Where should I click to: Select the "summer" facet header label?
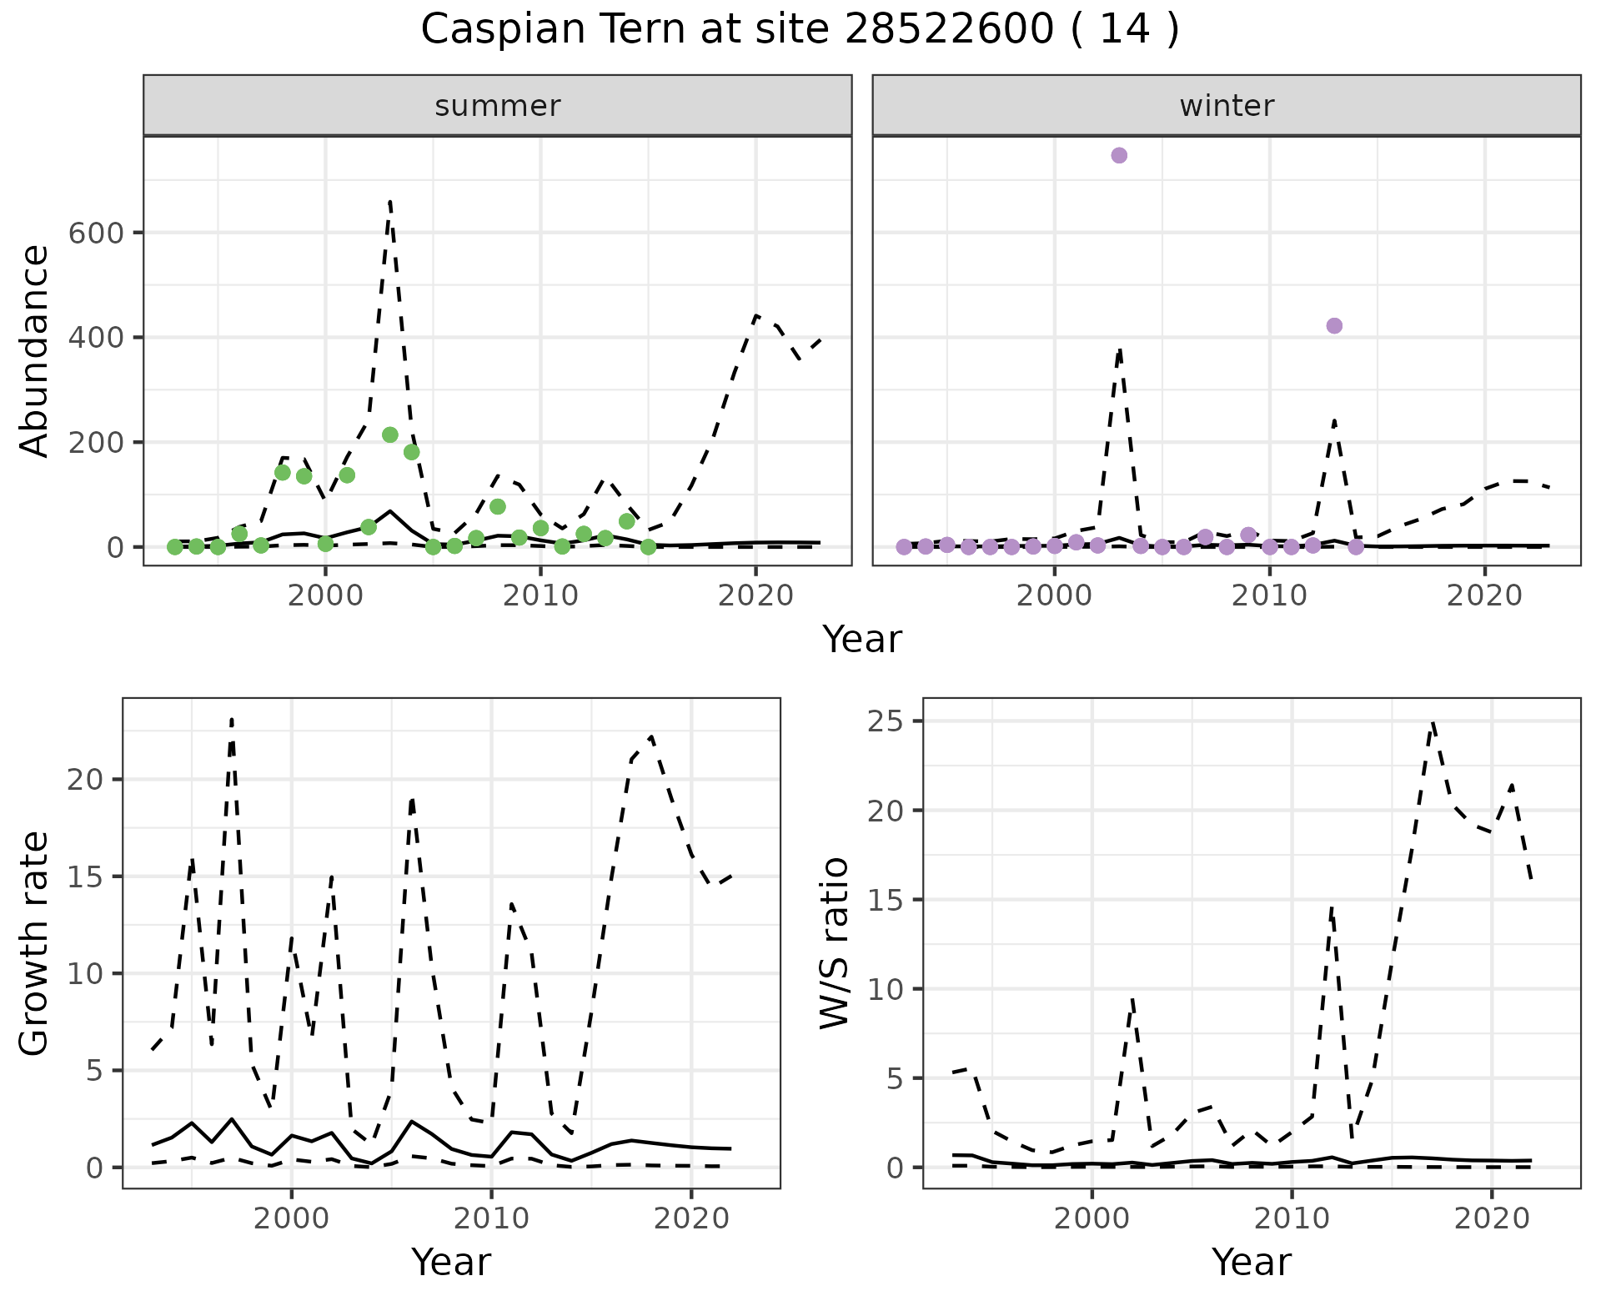498,106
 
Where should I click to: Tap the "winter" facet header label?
1227,106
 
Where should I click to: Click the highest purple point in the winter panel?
1119,156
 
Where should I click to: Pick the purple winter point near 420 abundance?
1334,326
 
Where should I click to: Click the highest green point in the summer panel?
389,435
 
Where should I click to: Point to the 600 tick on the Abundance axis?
95,233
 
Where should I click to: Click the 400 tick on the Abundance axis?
95,338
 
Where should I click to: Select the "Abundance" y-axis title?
35,351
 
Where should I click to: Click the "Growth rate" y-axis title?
35,943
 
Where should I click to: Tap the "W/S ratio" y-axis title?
835,943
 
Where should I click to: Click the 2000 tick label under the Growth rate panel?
291,1218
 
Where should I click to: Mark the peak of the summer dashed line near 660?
390,201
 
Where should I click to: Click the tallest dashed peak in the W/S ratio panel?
1432,722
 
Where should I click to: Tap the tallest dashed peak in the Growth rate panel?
231,718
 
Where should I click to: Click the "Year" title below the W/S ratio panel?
1251,1263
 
